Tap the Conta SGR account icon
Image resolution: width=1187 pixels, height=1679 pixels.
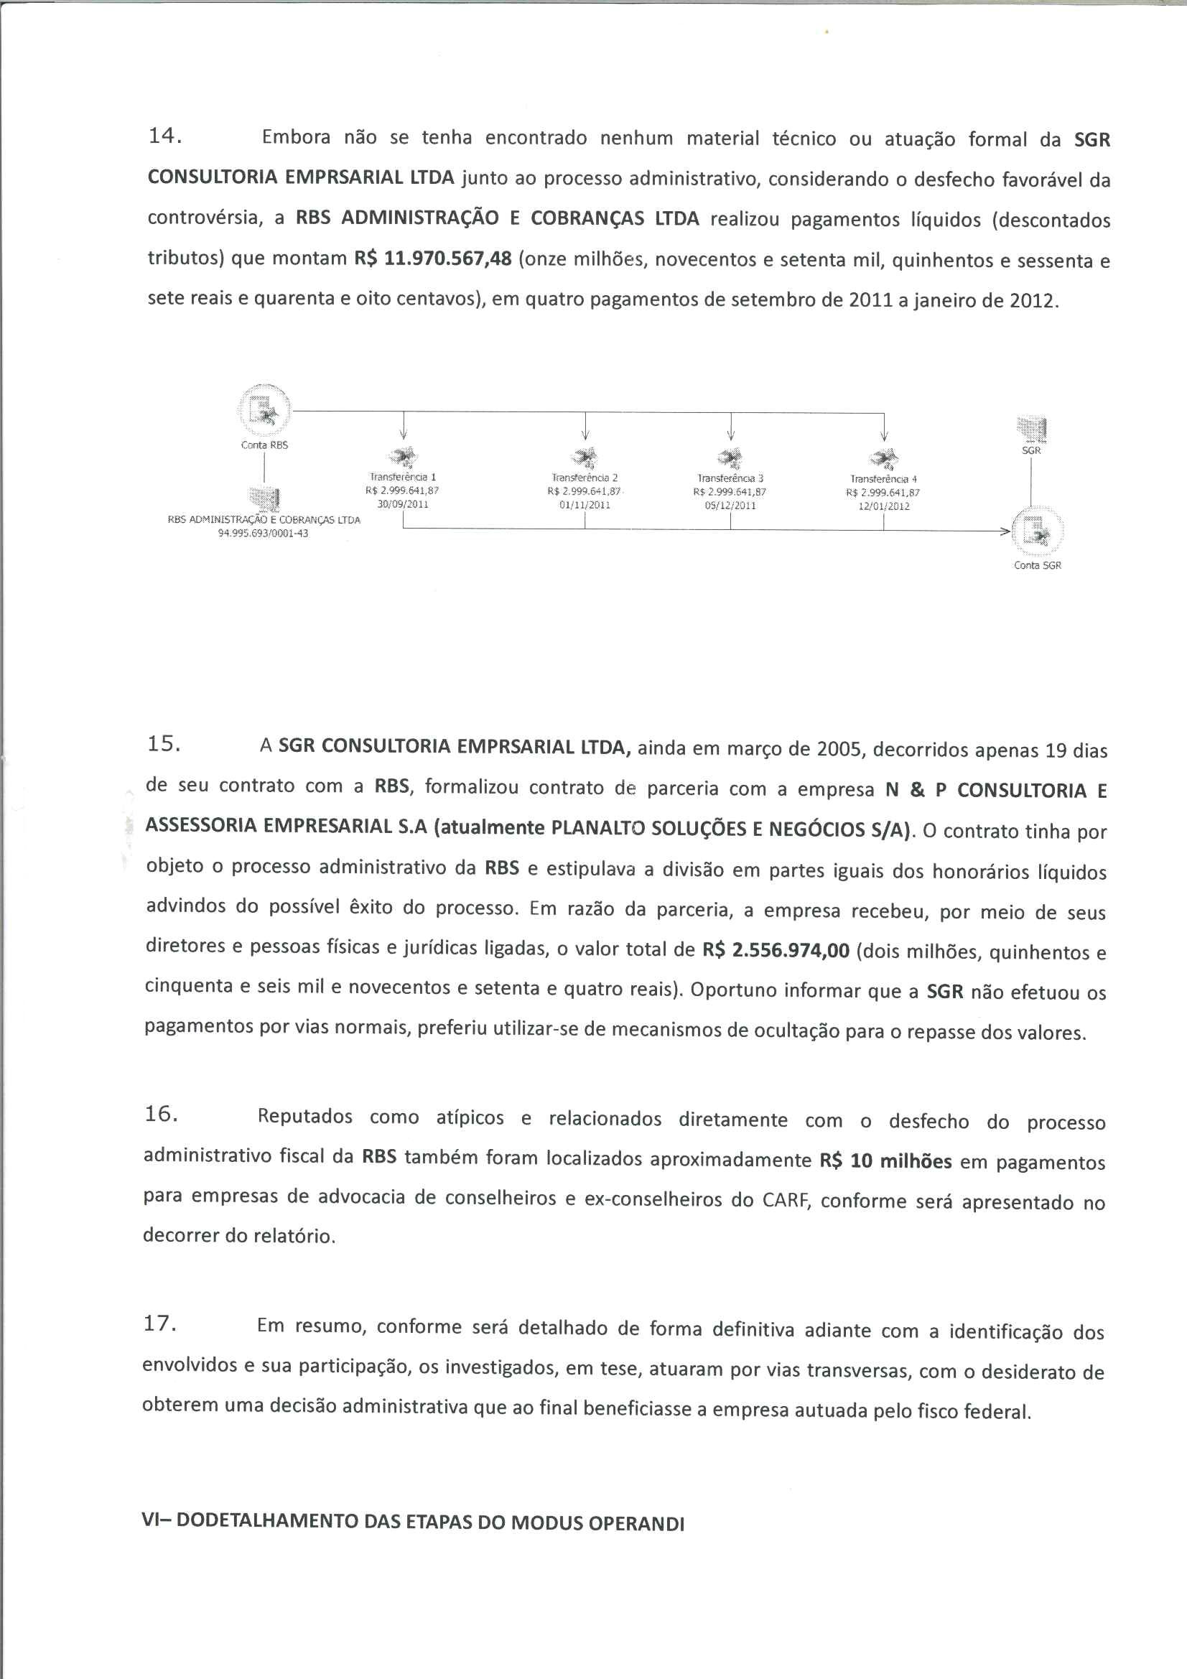pos(1036,531)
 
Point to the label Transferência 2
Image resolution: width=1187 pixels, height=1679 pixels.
pos(585,478)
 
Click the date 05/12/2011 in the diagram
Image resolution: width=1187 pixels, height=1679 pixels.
pos(730,506)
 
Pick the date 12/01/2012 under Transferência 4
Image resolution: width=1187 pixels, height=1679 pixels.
pos(883,506)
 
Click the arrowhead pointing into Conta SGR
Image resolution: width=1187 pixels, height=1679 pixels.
pos(1005,531)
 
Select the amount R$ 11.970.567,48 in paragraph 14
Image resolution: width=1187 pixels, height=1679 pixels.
pos(433,259)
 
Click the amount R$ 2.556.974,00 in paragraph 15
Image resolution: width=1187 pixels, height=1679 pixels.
pos(776,951)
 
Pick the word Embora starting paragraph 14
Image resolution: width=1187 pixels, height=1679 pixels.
pos(295,137)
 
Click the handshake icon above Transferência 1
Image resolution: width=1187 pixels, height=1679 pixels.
pos(403,457)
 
